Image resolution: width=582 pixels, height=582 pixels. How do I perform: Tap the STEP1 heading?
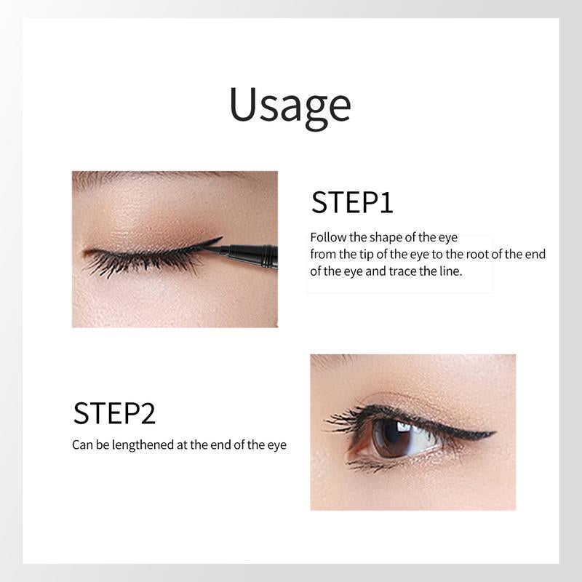pos(352,202)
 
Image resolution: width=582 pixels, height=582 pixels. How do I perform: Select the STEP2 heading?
pos(114,413)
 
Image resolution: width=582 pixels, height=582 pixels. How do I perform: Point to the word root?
pos(477,254)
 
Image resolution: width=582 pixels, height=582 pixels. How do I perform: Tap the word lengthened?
pos(143,445)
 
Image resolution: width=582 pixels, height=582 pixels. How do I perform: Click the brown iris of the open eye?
pos(390,438)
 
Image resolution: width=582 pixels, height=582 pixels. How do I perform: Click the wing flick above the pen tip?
pos(212,242)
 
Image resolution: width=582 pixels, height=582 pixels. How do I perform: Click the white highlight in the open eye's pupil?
pos(404,427)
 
